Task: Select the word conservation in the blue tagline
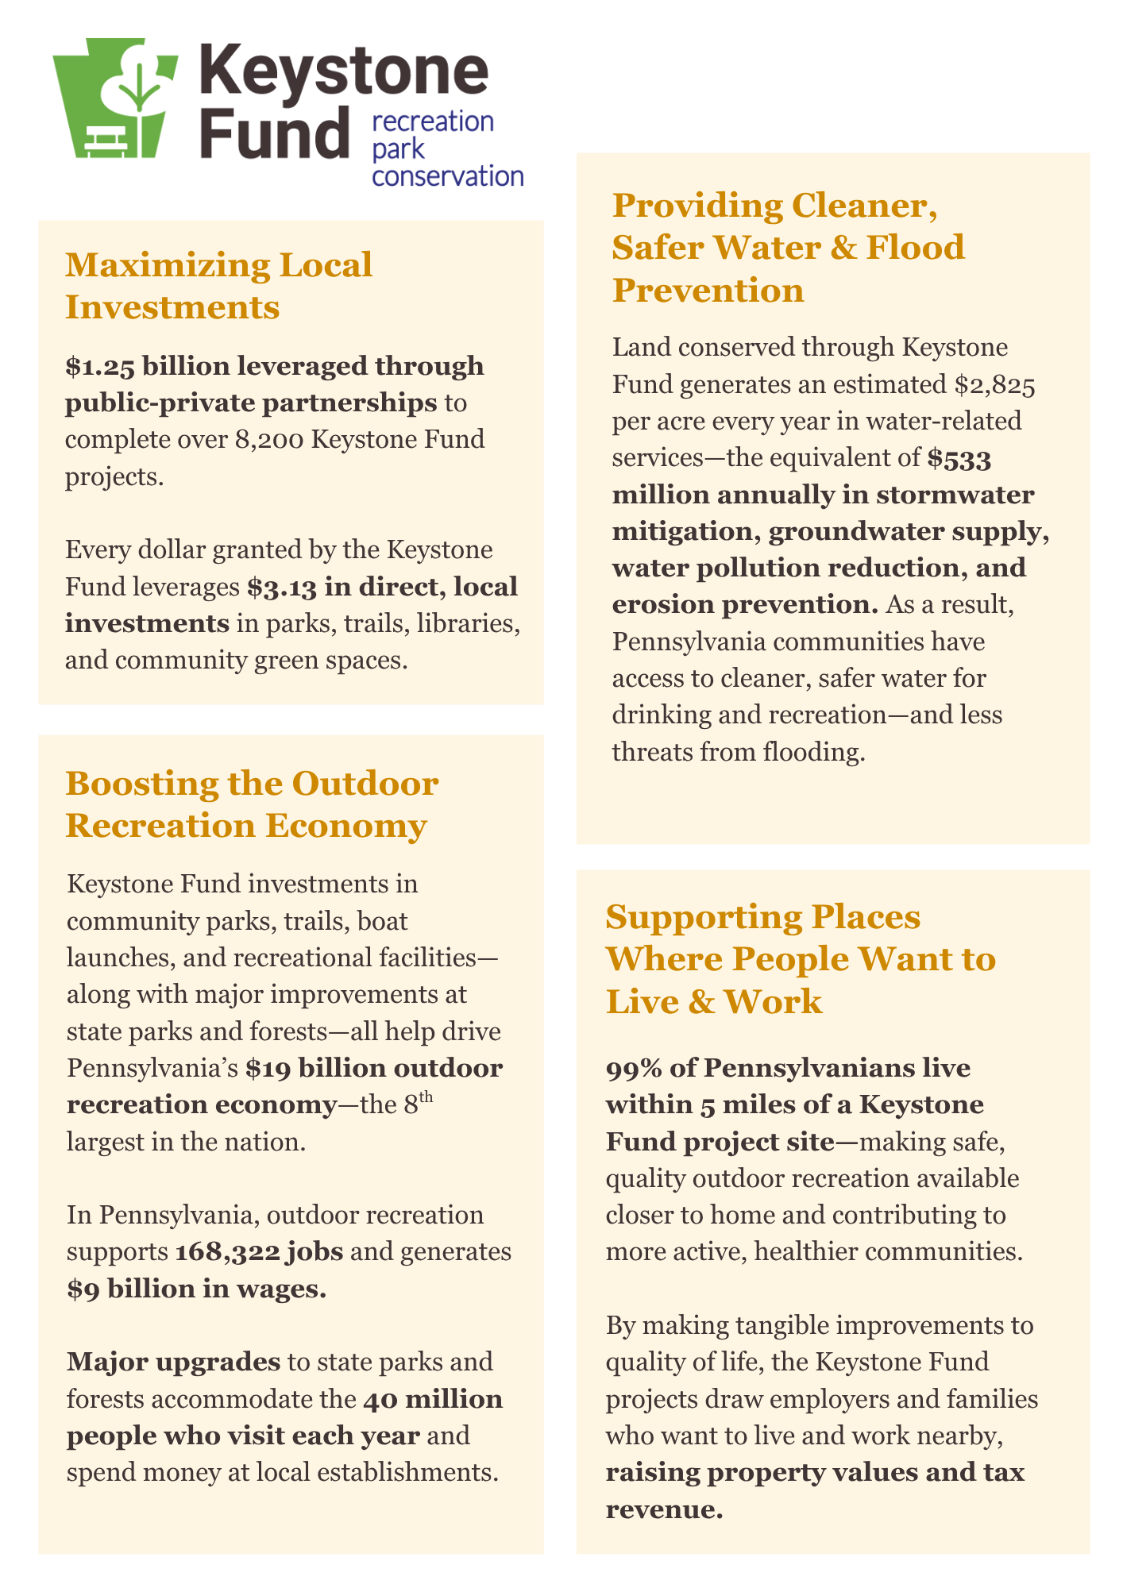tap(448, 175)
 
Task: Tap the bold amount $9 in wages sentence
tap(83, 1289)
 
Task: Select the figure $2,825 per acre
tap(994, 385)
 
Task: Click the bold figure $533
tap(959, 458)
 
